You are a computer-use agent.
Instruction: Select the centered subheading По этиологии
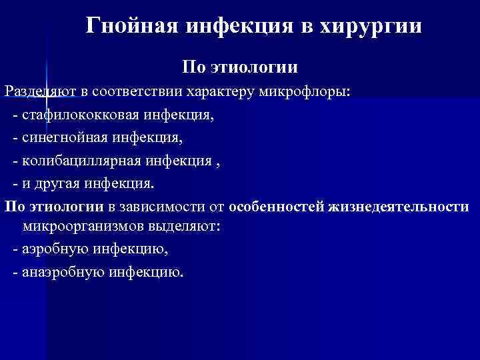pyautogui.click(x=240, y=68)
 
